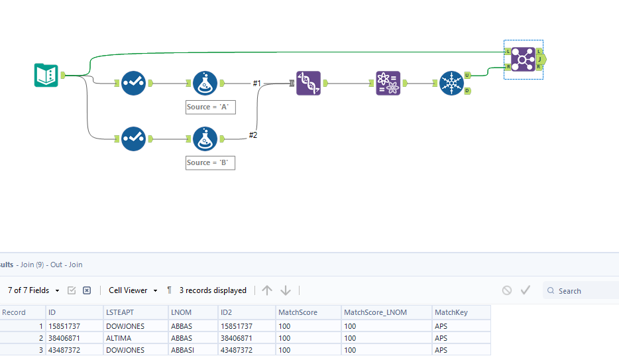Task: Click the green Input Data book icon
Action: tap(46, 75)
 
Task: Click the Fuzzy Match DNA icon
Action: tap(308, 84)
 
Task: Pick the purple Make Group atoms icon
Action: tap(388, 84)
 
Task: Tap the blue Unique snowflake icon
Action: tap(452, 84)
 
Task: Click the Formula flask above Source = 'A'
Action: tap(205, 84)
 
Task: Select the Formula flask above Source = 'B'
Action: tap(205, 139)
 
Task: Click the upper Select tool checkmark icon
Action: tap(133, 84)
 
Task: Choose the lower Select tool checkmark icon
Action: tap(133, 139)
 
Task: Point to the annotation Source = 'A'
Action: tap(210, 107)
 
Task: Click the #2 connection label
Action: tap(253, 135)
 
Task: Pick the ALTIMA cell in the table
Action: tap(119, 337)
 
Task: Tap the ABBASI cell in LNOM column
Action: tap(183, 349)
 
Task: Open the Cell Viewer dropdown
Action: tap(133, 290)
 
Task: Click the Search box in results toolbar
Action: tap(583, 290)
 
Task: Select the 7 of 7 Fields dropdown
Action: tap(33, 290)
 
